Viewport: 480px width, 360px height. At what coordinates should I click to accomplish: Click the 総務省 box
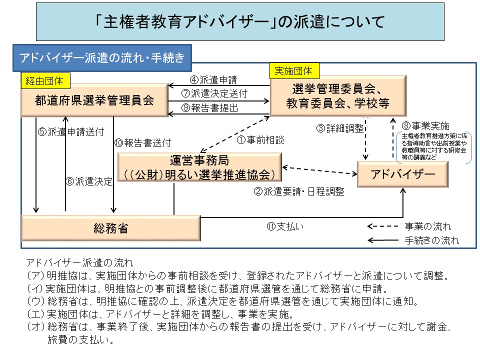(x=110, y=228)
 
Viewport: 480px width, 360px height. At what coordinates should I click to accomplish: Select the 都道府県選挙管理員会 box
(x=94, y=100)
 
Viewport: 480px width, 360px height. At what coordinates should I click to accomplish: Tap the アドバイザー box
(x=402, y=174)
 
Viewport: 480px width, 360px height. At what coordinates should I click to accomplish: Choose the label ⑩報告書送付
(x=143, y=142)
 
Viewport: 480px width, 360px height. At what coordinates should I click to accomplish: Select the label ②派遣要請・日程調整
(x=299, y=191)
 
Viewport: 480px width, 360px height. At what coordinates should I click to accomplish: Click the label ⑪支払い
(x=285, y=226)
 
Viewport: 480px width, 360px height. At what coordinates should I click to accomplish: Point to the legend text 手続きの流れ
(x=431, y=240)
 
